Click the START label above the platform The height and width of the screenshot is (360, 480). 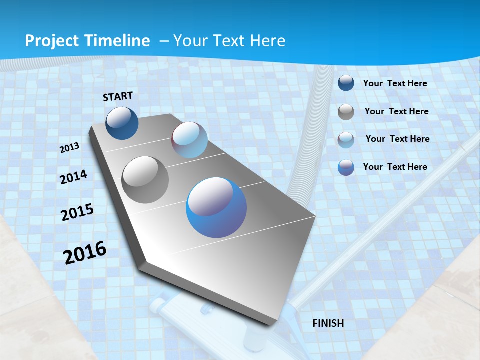click(x=118, y=96)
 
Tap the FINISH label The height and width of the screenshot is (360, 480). click(x=328, y=323)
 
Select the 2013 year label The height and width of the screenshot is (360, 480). click(x=69, y=148)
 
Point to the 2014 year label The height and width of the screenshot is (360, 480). click(x=73, y=177)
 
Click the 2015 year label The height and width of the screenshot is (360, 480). click(x=77, y=212)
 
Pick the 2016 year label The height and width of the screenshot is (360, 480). click(x=85, y=252)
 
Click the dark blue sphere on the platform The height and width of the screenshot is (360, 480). click(x=122, y=123)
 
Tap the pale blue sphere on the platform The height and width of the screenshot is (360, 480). click(x=189, y=140)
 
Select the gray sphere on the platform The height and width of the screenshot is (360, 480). click(x=145, y=180)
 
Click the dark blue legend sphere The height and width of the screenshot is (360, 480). click(x=346, y=83)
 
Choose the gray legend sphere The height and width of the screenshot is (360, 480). click(x=346, y=112)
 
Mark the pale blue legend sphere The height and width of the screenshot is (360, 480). click(x=346, y=140)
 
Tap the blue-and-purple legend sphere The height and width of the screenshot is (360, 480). click(x=346, y=167)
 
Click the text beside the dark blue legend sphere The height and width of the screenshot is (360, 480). click(x=395, y=83)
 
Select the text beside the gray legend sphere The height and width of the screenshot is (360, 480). click(x=396, y=111)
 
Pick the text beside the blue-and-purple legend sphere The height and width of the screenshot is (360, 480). click(x=395, y=166)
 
